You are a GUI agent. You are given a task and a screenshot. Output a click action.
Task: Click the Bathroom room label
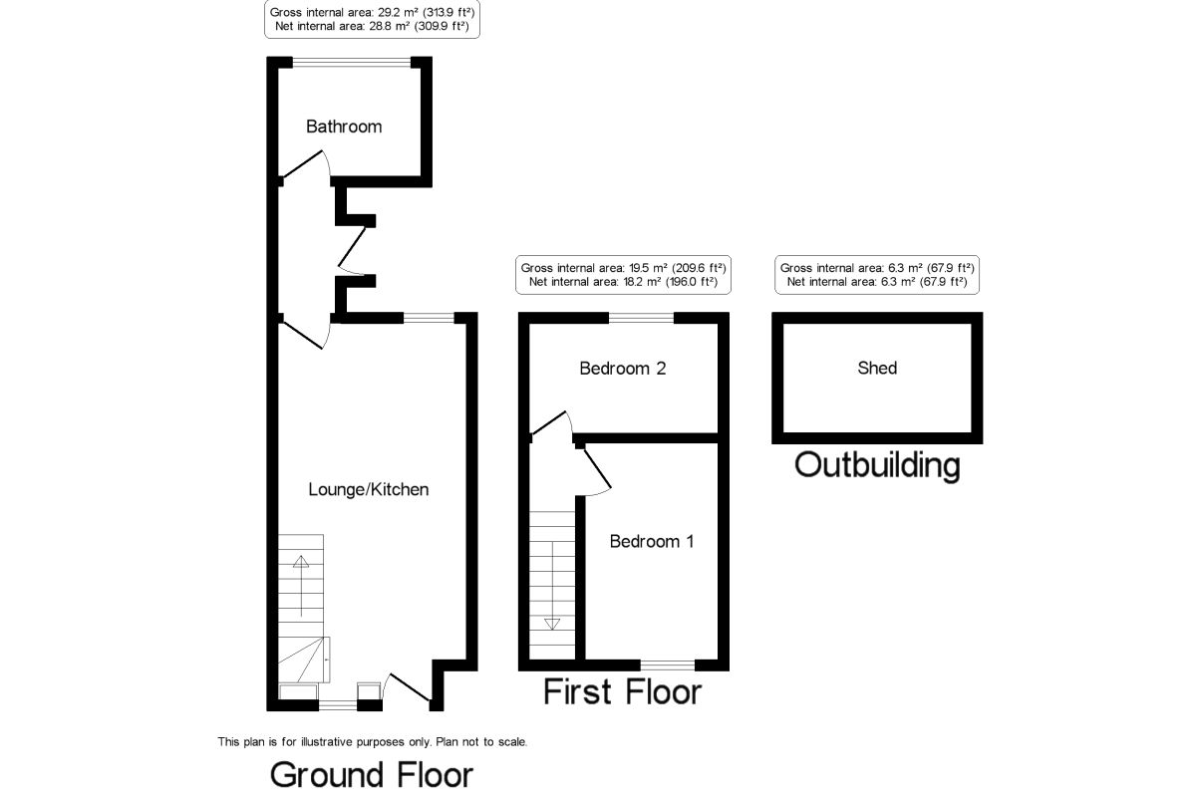click(x=343, y=127)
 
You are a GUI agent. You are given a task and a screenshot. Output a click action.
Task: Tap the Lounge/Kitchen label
click(x=368, y=489)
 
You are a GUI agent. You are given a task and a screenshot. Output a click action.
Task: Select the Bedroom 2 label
click(x=622, y=369)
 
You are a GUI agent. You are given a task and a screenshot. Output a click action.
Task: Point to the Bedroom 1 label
click(x=651, y=541)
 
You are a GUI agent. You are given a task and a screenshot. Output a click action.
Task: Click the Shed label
click(x=877, y=369)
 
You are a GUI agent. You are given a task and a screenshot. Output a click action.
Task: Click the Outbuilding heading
click(x=877, y=464)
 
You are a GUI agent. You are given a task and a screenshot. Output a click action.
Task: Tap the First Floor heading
click(x=622, y=691)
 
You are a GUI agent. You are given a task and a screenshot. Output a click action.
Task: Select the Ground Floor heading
click(x=371, y=774)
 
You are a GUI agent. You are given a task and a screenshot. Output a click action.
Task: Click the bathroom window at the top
click(x=352, y=62)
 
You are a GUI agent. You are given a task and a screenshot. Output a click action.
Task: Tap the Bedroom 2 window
click(x=641, y=318)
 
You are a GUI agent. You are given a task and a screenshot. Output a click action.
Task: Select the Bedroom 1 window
click(x=668, y=663)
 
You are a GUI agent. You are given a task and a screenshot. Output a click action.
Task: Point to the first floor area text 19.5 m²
click(x=623, y=268)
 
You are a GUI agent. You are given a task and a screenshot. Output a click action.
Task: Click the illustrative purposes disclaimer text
click(x=372, y=741)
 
